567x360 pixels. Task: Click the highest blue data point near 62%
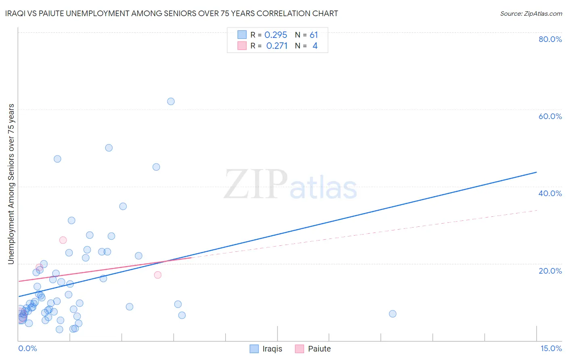click(x=171, y=101)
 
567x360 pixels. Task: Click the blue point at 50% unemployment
click(x=109, y=148)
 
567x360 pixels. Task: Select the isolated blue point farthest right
click(x=392, y=314)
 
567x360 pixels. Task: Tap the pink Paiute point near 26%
click(x=63, y=240)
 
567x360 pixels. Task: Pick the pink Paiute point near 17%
click(x=158, y=275)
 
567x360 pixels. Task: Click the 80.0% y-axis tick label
click(x=550, y=39)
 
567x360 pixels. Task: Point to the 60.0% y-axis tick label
click(x=550, y=116)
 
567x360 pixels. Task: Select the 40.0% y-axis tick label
click(x=550, y=193)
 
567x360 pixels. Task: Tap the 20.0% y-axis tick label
click(x=550, y=270)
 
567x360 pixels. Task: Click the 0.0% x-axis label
click(x=27, y=348)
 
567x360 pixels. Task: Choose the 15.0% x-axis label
click(x=551, y=348)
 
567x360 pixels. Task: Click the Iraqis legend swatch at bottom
click(x=254, y=349)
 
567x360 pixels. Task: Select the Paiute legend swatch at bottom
click(x=299, y=349)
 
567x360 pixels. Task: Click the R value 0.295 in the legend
click(x=276, y=35)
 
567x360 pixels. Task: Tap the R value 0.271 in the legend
click(x=277, y=46)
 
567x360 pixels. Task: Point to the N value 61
click(x=314, y=35)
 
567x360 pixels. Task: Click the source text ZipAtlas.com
click(x=531, y=14)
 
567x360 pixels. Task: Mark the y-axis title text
click(x=11, y=184)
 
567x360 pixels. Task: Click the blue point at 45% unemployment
click(x=156, y=167)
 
